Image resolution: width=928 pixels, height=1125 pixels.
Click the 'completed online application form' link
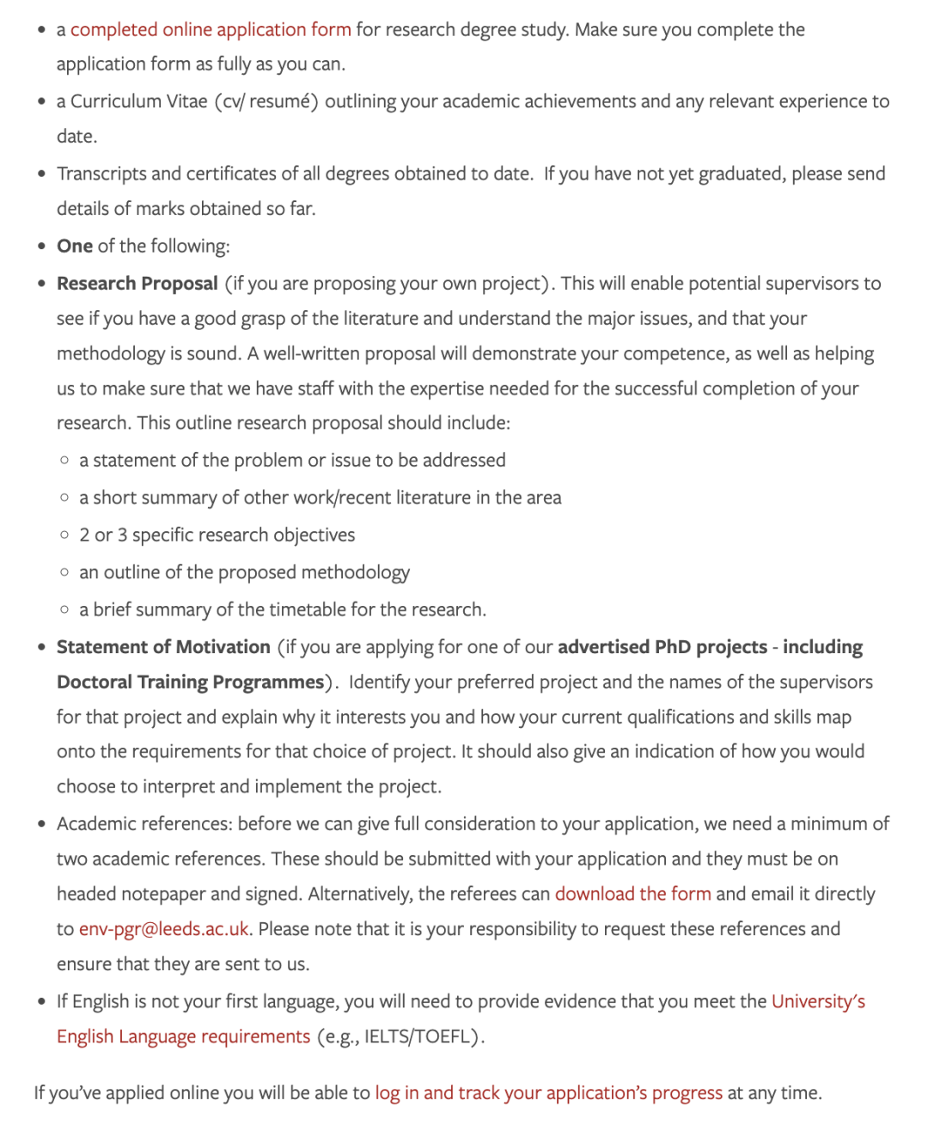tap(211, 30)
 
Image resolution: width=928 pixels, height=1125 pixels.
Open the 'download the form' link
tap(632, 894)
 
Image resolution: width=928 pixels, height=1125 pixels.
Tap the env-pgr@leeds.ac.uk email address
tap(163, 929)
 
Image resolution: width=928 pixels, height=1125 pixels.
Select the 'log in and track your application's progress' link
tap(548, 1093)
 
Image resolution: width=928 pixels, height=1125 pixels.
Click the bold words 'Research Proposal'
tap(137, 284)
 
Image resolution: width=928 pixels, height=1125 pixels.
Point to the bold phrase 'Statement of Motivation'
tap(163, 647)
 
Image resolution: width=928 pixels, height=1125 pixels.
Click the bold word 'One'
tap(75, 247)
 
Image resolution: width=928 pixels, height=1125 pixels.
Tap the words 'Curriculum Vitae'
tap(139, 101)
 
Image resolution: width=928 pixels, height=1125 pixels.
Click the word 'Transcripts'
tap(101, 174)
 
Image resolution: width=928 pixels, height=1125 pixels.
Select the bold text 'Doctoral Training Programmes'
tap(190, 682)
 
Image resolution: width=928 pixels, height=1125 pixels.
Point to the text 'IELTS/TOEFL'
tap(419, 1036)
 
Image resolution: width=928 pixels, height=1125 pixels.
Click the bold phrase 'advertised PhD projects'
tap(662, 647)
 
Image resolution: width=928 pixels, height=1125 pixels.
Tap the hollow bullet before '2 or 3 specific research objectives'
tap(64, 535)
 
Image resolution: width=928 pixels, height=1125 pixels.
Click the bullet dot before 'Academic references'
tap(42, 824)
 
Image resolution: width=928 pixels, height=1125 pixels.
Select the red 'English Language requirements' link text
tap(183, 1036)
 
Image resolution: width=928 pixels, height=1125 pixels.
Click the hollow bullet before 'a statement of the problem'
tap(64, 461)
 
